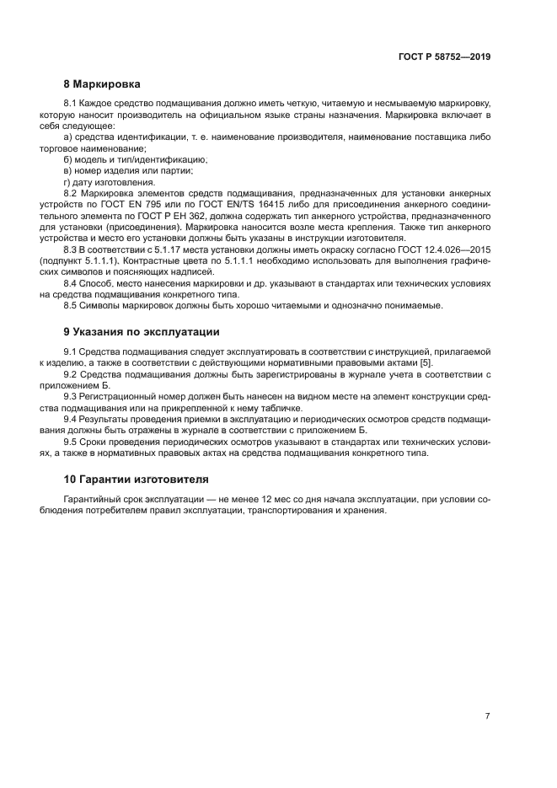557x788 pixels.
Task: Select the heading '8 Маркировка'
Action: pos(102,84)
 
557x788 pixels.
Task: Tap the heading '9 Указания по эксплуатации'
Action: pos(141,332)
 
